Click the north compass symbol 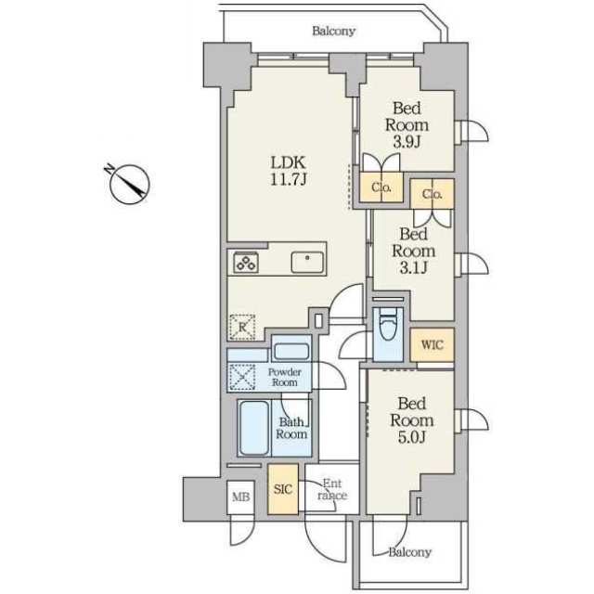pyautogui.click(x=129, y=184)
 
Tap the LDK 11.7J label pyautogui.click(x=289, y=171)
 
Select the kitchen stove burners pyautogui.click(x=246, y=262)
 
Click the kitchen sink pyautogui.click(x=307, y=262)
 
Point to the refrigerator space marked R pyautogui.click(x=242, y=327)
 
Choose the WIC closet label pyautogui.click(x=432, y=344)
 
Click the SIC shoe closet pyautogui.click(x=283, y=489)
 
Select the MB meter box pyautogui.click(x=240, y=497)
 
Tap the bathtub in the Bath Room pyautogui.click(x=254, y=427)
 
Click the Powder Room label pyautogui.click(x=285, y=377)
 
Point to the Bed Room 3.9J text pyautogui.click(x=407, y=124)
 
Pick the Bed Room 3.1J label pyautogui.click(x=413, y=251)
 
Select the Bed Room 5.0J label pyautogui.click(x=412, y=420)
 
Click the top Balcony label pyautogui.click(x=333, y=31)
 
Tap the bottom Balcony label pyautogui.click(x=410, y=552)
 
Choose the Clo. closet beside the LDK pyautogui.click(x=381, y=187)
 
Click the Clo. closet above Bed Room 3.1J pyautogui.click(x=433, y=194)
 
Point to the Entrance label pyautogui.click(x=332, y=489)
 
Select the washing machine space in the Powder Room pyautogui.click(x=242, y=377)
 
